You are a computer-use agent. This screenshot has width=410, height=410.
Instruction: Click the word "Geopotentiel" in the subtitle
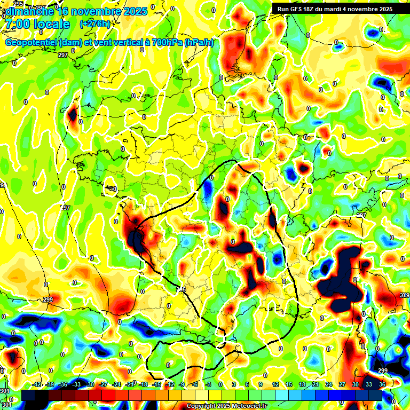(x=31, y=43)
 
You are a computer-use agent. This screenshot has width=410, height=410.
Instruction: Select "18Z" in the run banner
(x=310, y=9)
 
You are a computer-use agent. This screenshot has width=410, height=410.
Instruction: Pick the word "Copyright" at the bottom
(x=202, y=406)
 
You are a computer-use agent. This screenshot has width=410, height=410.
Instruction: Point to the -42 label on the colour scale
(x=37, y=384)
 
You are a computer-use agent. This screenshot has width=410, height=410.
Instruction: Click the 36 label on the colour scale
(x=382, y=384)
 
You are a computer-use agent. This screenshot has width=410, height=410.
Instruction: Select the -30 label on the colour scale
(x=90, y=384)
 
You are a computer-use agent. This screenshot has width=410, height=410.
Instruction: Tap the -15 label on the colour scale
(x=156, y=384)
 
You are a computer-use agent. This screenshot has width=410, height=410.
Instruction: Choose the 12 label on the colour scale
(x=275, y=384)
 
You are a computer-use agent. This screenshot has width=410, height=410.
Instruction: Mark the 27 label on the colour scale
(x=342, y=384)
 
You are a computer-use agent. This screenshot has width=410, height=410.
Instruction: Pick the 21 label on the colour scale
(x=316, y=384)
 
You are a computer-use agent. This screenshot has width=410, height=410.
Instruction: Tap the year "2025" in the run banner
(x=383, y=9)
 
